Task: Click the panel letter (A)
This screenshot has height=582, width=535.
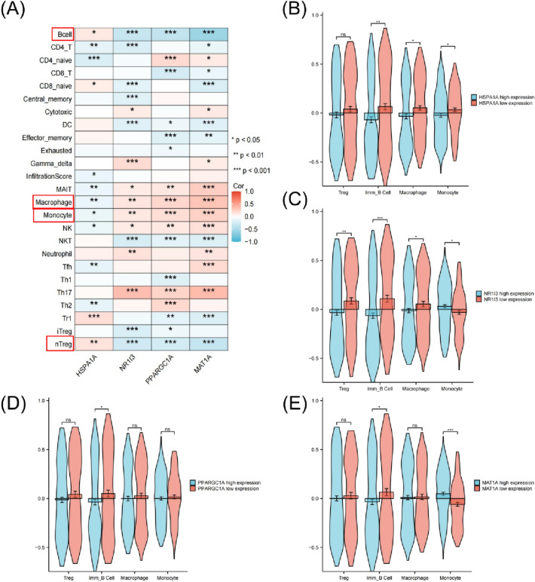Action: tap(16, 10)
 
